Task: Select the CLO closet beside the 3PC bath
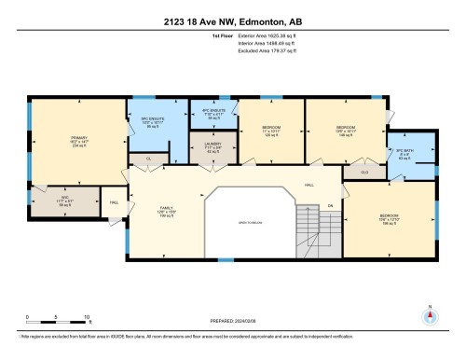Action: pyautogui.click(x=364, y=173)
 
